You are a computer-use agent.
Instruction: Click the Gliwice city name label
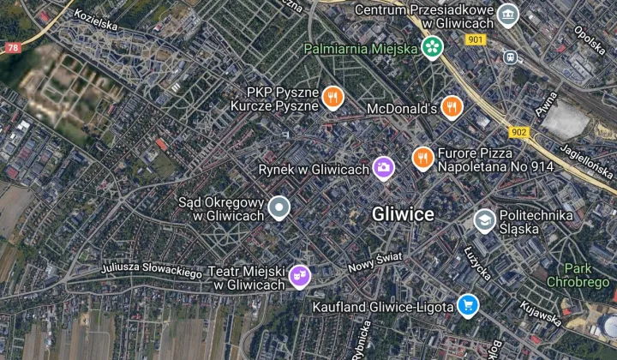pos(403,214)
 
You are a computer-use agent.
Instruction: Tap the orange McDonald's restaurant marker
pos(453,107)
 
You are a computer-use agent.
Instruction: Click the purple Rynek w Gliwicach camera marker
pos(383,167)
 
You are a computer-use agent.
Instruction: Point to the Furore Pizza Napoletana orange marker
pos(422,158)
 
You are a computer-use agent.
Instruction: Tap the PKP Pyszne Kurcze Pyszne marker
pos(332,99)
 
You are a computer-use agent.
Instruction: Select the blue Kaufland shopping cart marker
pos(467,305)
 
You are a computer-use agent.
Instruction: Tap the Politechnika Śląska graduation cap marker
pos(484,220)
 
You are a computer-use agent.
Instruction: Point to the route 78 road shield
pos(12,48)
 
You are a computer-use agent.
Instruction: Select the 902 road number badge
pos(517,131)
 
